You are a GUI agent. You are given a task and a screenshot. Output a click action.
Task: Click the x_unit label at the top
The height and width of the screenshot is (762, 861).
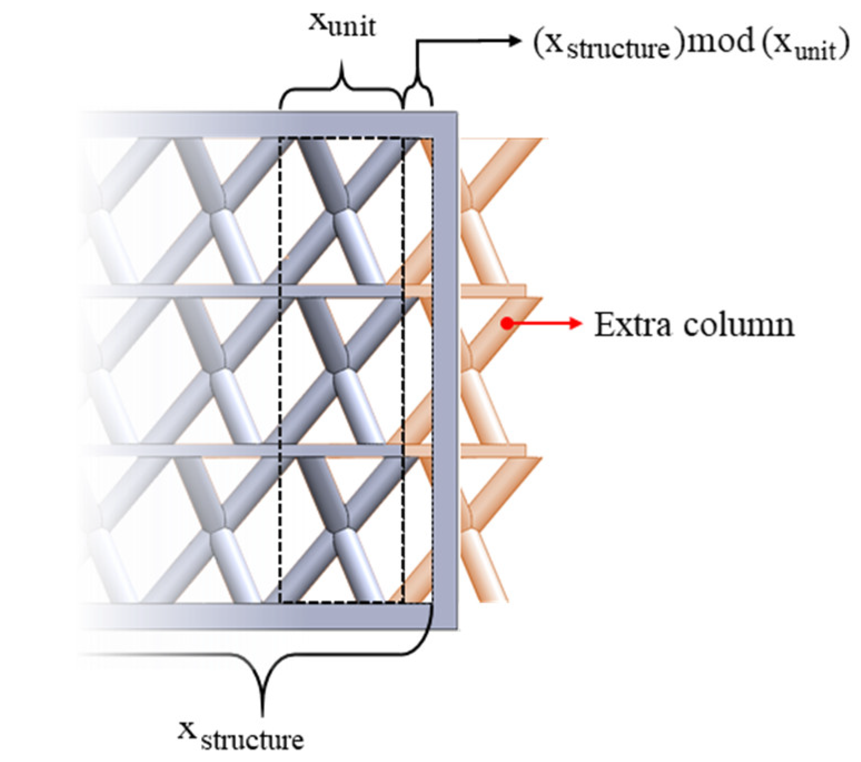tap(342, 25)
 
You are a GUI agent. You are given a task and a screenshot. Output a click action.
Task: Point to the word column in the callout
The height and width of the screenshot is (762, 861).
tap(739, 324)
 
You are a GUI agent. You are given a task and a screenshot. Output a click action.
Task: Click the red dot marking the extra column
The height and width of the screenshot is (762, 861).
tap(506, 323)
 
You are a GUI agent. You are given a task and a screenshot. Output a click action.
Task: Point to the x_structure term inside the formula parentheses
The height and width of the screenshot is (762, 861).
tap(606, 44)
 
